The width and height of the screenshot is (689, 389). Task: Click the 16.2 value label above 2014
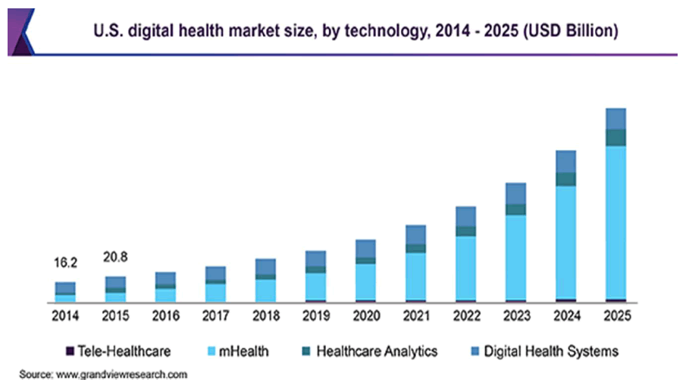pyautogui.click(x=65, y=263)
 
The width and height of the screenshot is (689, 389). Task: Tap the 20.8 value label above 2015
pyautogui.click(x=115, y=258)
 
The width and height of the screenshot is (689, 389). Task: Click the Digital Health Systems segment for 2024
pyautogui.click(x=566, y=162)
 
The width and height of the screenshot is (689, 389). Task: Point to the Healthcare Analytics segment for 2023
pyautogui.click(x=516, y=209)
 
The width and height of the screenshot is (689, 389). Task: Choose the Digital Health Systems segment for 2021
pyautogui.click(x=415, y=234)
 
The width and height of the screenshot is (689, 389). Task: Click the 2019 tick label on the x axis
pyautogui.click(x=316, y=315)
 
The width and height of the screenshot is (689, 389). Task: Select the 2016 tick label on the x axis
pyautogui.click(x=165, y=315)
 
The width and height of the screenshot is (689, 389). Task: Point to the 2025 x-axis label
pyautogui.click(x=616, y=315)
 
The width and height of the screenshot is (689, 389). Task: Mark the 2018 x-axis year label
pyautogui.click(x=266, y=315)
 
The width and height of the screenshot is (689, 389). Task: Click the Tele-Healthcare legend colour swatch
pyautogui.click(x=70, y=351)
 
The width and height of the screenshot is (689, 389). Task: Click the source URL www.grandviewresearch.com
pyautogui.click(x=122, y=375)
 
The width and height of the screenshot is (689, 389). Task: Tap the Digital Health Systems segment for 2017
pyautogui.click(x=216, y=273)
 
